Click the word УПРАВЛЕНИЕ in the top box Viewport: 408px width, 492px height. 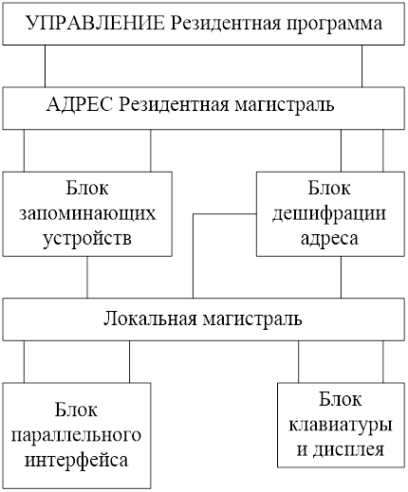click(96, 24)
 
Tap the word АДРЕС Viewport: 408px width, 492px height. click(80, 105)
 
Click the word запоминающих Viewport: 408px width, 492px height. click(87, 215)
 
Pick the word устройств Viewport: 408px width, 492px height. click(87, 239)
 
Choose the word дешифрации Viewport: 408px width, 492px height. click(329, 215)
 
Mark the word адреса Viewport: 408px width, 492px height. click(329, 239)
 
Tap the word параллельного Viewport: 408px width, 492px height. click(76, 435)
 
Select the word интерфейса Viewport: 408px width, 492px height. click(77, 460)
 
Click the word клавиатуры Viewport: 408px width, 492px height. click(341, 426)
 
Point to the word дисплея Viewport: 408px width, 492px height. click(348, 450)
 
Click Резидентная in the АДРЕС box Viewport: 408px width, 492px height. click(174, 105)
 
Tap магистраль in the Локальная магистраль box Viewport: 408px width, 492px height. click(252, 319)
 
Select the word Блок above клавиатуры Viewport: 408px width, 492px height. click(340, 399)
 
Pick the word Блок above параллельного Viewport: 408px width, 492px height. click(76, 410)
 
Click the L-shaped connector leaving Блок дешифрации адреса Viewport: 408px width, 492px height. click(194, 214)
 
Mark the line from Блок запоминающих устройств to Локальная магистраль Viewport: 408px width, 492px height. click(87, 277)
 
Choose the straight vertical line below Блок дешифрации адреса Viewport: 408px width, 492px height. click(341, 277)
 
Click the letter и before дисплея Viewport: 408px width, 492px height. click(302, 450)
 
